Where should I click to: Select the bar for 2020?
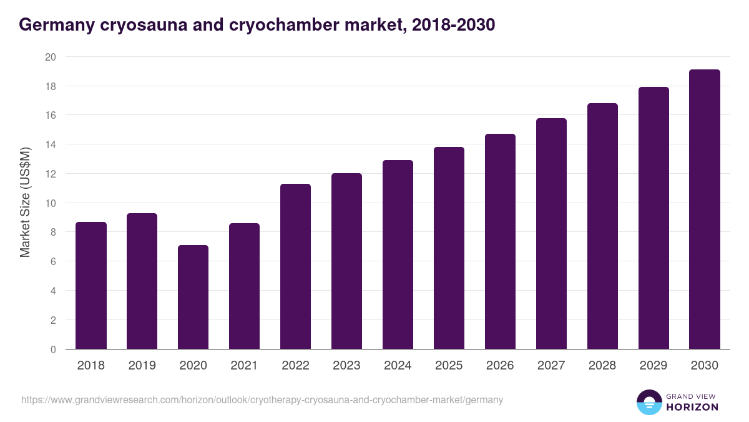(x=193, y=297)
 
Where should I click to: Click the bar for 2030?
(x=705, y=209)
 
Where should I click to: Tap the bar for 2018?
(x=91, y=286)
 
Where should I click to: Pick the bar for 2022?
(x=295, y=266)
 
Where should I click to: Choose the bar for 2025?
(x=449, y=248)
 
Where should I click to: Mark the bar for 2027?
(x=551, y=234)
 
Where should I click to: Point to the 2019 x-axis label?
(x=142, y=366)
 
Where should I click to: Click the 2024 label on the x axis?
(x=398, y=366)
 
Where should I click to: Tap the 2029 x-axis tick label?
(x=654, y=366)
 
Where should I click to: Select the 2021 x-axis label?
(x=244, y=366)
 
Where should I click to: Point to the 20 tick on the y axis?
(x=51, y=57)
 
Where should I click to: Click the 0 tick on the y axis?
(x=53, y=349)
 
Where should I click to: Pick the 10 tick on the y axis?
(x=51, y=203)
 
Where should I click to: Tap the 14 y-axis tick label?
(x=51, y=144)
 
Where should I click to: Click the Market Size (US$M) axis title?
(x=25, y=203)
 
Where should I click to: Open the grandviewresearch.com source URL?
(x=262, y=399)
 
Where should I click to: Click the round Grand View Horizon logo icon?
(x=649, y=402)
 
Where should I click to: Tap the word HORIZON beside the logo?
(x=692, y=407)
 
